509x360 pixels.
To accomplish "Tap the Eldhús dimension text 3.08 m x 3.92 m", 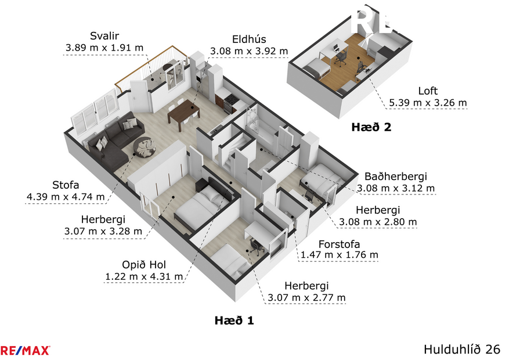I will click(249, 51).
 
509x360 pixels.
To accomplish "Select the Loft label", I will click(428, 91).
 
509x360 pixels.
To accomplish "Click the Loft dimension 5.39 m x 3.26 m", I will click(428, 103).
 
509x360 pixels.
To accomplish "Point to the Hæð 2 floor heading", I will click(371, 127).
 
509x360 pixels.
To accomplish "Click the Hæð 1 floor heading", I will click(234, 320).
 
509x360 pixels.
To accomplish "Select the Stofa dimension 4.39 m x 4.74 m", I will click(66, 197).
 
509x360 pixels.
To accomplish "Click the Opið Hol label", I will click(143, 265).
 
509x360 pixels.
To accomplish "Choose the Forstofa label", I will click(339, 244).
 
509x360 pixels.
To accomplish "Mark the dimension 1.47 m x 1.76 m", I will click(339, 255).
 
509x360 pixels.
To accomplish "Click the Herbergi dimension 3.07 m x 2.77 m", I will click(306, 298).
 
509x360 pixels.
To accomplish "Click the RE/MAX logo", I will click(26, 350).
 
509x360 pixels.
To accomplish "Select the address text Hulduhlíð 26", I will click(462, 350).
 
